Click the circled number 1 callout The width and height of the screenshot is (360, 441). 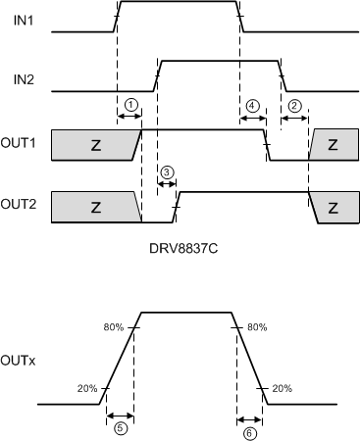pyautogui.click(x=131, y=104)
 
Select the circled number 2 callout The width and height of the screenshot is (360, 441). pyautogui.click(x=294, y=105)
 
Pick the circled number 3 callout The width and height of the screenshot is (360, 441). pyautogui.click(x=166, y=172)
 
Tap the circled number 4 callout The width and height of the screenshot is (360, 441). pyautogui.click(x=253, y=105)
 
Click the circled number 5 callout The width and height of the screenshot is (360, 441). pyautogui.click(x=120, y=428)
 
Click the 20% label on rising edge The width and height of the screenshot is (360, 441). pyautogui.click(x=87, y=388)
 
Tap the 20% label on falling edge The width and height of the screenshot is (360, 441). pyautogui.click(x=282, y=388)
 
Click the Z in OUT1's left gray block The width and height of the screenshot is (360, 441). pyautogui.click(x=95, y=145)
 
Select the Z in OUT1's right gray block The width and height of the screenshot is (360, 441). pyautogui.click(x=333, y=145)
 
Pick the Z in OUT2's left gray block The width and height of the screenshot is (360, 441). pyautogui.click(x=95, y=208)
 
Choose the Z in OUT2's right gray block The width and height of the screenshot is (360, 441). pyautogui.click(x=333, y=208)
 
